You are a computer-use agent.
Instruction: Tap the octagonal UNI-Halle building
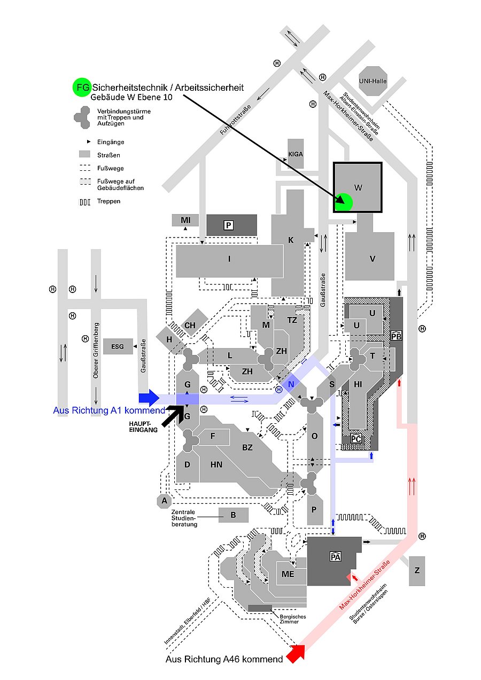point(373,81)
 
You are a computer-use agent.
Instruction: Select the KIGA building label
point(296,153)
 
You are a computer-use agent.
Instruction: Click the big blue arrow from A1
point(149,398)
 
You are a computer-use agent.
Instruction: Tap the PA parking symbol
point(336,557)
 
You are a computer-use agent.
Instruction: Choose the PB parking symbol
point(396,336)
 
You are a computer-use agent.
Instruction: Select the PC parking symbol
point(356,438)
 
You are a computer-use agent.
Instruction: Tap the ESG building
point(118,346)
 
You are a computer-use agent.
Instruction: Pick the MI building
point(185,220)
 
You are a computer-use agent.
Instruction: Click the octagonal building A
point(165,501)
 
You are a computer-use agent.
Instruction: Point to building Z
point(417,571)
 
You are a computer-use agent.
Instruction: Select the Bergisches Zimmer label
point(293,619)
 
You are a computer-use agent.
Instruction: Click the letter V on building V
point(373,259)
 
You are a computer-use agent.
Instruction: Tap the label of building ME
point(288,574)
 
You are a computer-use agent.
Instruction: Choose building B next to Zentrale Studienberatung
point(234,515)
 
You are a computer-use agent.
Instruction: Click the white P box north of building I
point(229,225)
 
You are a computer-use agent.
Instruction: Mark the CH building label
point(190,325)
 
